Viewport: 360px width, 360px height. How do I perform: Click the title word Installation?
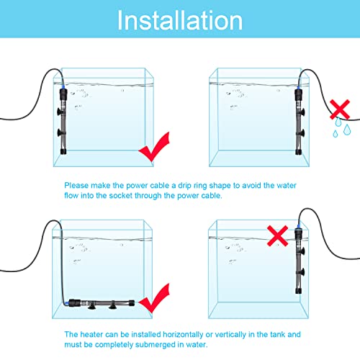(x=180, y=20)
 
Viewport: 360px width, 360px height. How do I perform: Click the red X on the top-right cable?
(x=340, y=109)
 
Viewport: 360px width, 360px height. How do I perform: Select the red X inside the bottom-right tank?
(x=277, y=235)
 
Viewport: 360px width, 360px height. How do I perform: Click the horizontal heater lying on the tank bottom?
(x=102, y=304)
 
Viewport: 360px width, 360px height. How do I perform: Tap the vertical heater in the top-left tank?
(x=63, y=121)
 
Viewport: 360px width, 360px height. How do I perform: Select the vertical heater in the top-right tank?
(x=299, y=122)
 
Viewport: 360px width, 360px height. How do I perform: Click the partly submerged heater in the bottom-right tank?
(x=299, y=261)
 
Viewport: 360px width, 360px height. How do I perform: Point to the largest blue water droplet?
(x=347, y=130)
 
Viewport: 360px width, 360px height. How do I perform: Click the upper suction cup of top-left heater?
(x=59, y=112)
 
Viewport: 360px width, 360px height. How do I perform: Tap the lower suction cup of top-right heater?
(x=302, y=132)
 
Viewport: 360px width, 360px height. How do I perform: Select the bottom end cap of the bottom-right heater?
(x=298, y=291)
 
